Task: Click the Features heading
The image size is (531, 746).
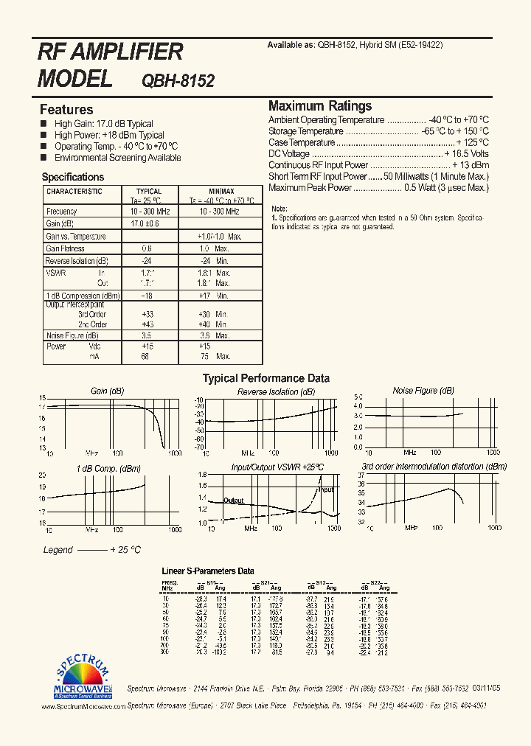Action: (66, 110)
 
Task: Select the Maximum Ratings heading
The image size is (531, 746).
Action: (320, 106)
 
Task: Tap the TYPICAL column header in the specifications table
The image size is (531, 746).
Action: (148, 192)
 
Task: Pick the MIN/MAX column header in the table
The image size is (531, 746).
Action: (221, 192)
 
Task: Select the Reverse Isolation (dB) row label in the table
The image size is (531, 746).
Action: (77, 261)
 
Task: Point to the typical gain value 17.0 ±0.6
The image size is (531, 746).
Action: (145, 223)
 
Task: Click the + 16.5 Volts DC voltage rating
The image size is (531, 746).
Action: (466, 154)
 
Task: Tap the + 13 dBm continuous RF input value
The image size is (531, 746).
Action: (470, 165)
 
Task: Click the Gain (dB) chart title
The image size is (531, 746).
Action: (107, 391)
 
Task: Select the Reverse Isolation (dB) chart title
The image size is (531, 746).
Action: (277, 392)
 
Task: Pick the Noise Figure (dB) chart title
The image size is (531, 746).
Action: (423, 391)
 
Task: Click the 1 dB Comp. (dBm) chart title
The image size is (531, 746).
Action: (108, 468)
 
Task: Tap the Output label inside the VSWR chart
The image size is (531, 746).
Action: (233, 501)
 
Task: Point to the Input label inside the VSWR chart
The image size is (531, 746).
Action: (325, 489)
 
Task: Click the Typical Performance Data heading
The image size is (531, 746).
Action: (265, 378)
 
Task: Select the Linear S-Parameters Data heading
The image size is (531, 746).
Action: (207, 571)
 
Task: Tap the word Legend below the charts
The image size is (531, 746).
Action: (58, 550)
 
